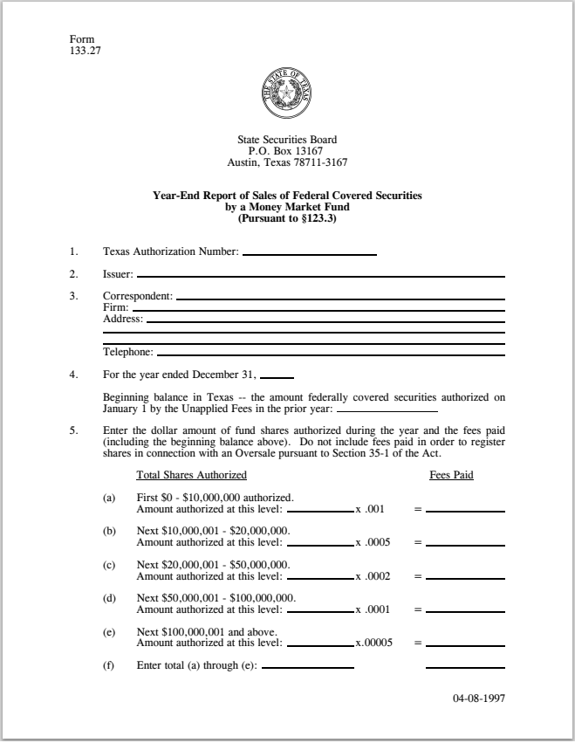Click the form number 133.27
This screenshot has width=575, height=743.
(x=83, y=50)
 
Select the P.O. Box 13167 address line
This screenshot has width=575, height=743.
(x=287, y=151)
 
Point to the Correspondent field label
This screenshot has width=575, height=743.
(x=137, y=296)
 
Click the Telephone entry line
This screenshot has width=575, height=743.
(x=331, y=353)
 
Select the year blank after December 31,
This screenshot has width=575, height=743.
(x=277, y=375)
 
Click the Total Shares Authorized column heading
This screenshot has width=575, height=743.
(x=191, y=476)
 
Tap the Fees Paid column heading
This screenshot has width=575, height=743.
(x=451, y=476)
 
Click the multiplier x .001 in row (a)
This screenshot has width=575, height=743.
(x=370, y=509)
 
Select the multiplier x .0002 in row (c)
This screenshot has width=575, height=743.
(x=373, y=576)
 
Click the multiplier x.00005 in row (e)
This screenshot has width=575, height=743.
(x=373, y=643)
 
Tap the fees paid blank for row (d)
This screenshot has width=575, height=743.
(x=465, y=609)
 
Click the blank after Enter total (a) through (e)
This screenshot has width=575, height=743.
(x=307, y=666)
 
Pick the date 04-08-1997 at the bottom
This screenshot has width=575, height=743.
(x=479, y=699)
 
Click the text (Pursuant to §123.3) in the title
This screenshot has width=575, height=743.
(x=287, y=218)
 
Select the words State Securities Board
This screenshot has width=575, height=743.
(x=287, y=140)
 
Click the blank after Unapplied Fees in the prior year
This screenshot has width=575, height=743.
(x=387, y=409)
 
